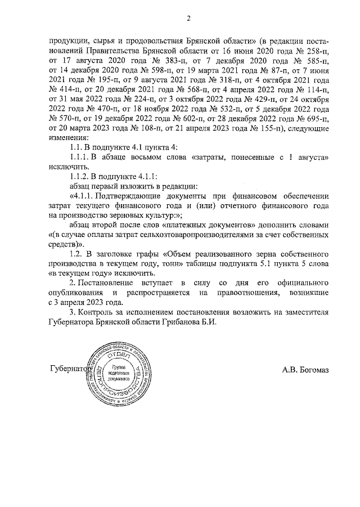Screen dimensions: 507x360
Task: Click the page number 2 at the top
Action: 190,19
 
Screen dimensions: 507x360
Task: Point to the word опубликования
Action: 76,293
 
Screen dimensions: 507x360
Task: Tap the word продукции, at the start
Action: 67,41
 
